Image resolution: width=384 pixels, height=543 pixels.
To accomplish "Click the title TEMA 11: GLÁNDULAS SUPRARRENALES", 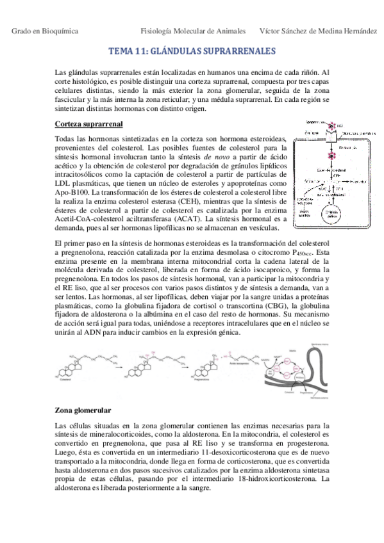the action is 192,51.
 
